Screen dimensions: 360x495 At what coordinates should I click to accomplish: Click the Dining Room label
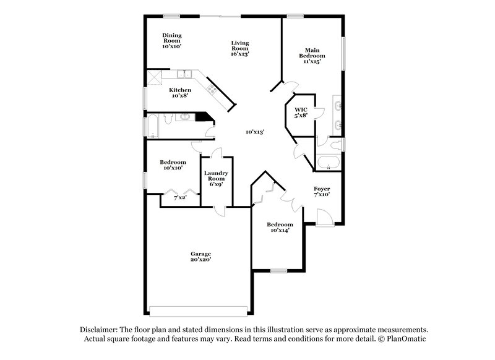tap(172, 41)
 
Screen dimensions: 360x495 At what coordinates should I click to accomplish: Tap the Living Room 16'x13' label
tap(240, 48)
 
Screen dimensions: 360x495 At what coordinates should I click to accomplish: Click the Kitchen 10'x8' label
tap(180, 93)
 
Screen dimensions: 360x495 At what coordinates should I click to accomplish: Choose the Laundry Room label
tap(217, 179)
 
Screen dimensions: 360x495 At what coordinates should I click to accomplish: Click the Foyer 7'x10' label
tap(321, 191)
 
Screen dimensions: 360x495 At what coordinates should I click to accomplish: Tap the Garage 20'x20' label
tap(200, 257)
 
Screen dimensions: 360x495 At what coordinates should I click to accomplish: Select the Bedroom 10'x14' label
tap(280, 227)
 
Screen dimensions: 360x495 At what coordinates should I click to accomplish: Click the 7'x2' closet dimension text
tap(180, 197)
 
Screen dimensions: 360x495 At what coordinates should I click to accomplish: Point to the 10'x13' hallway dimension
tap(254, 132)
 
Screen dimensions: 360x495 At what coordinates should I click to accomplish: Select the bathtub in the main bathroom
tap(328, 164)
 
